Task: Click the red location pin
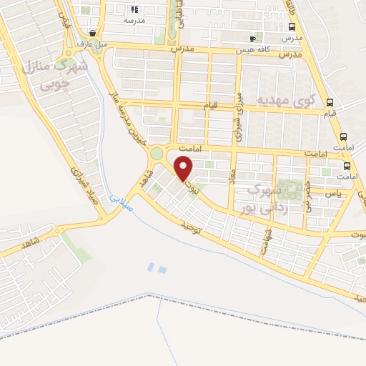pos(184,168)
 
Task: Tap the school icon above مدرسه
pos(134,10)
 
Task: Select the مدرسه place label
pos(134,21)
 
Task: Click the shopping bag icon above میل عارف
pos(93,33)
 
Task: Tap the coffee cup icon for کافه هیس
pos(252,39)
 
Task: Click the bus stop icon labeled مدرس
pos(292,26)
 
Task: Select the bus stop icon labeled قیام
pos(330,102)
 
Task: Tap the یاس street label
pos(332,194)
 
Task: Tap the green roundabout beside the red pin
pos(156,153)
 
